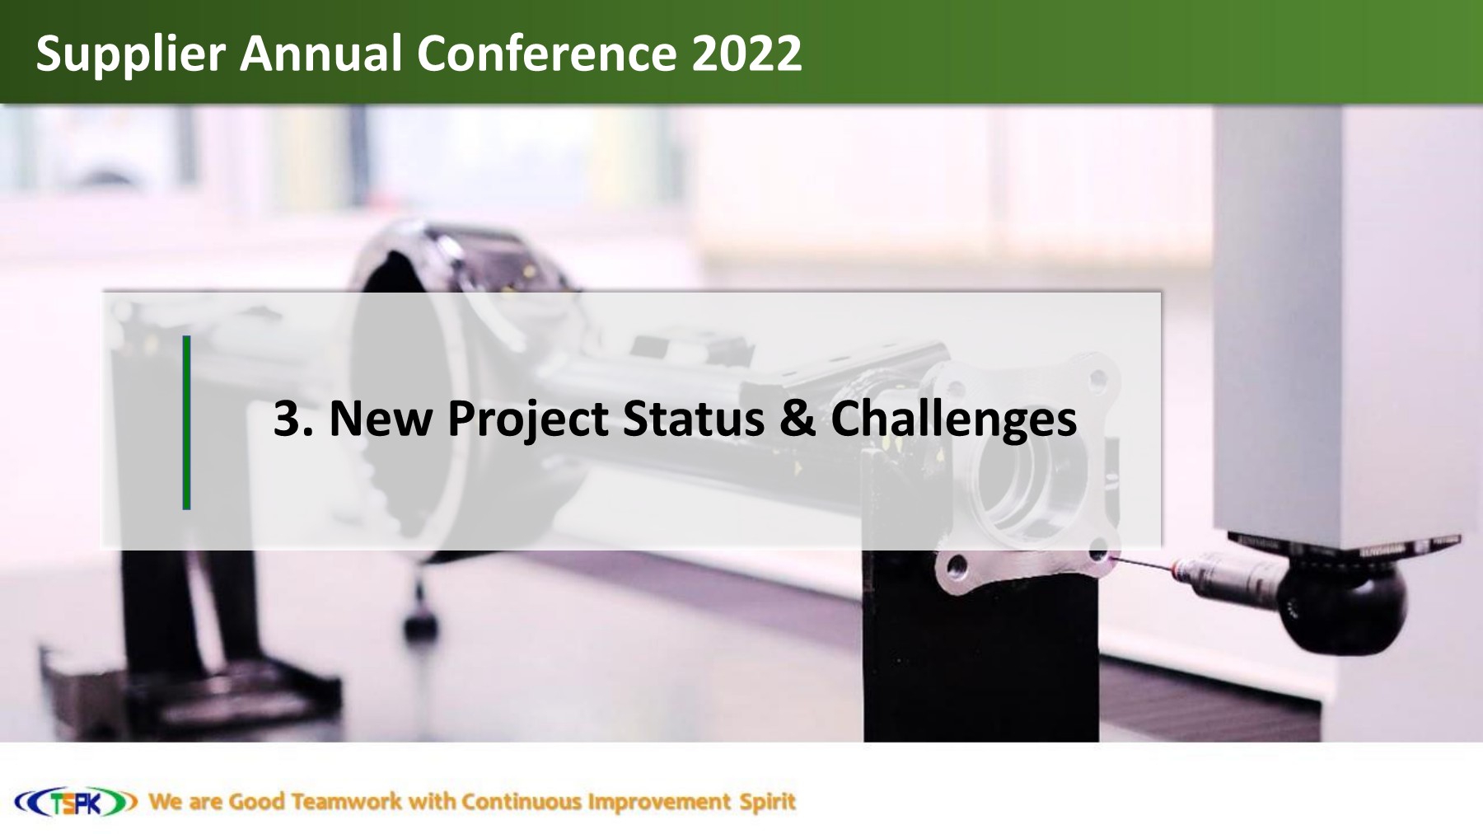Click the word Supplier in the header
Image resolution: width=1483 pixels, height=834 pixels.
click(130, 54)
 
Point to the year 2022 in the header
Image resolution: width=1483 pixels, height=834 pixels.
click(746, 54)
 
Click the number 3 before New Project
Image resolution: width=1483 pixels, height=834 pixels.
click(286, 419)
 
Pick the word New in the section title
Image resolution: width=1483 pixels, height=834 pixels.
click(380, 419)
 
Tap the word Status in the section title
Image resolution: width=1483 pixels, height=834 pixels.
click(693, 419)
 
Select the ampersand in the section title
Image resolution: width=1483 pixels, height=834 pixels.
click(797, 419)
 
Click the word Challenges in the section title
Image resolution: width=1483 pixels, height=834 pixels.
click(953, 419)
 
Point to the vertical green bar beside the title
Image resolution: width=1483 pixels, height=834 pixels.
click(187, 422)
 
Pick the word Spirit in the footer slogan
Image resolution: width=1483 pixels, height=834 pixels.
click(767, 802)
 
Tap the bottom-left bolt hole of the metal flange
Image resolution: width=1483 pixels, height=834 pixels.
click(956, 566)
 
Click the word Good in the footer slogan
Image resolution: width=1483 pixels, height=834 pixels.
click(256, 802)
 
